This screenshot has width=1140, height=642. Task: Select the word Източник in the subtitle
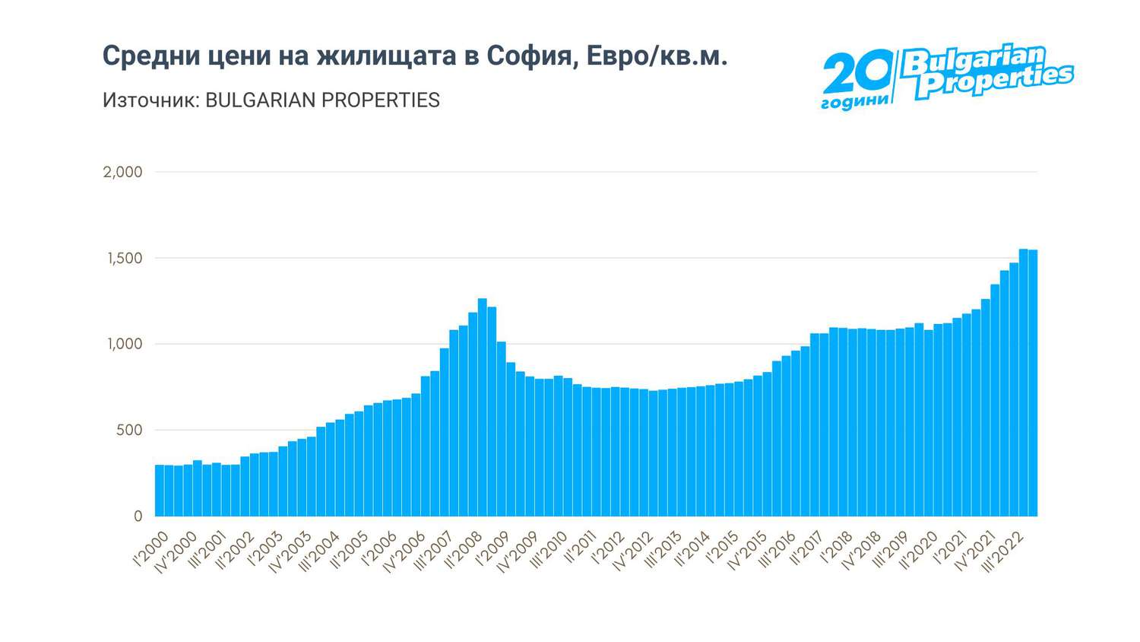(x=150, y=100)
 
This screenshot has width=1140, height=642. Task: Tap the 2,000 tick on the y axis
(x=123, y=172)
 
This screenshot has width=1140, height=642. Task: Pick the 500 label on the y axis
(x=129, y=431)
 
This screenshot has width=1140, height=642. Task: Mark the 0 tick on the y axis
(x=138, y=516)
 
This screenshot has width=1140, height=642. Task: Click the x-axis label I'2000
(x=152, y=549)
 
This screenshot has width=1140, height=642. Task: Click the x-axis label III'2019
(x=888, y=552)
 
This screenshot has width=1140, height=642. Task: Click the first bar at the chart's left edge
(x=160, y=491)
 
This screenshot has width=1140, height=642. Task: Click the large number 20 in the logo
(x=857, y=73)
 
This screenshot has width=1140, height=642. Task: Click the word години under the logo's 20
(x=854, y=102)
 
